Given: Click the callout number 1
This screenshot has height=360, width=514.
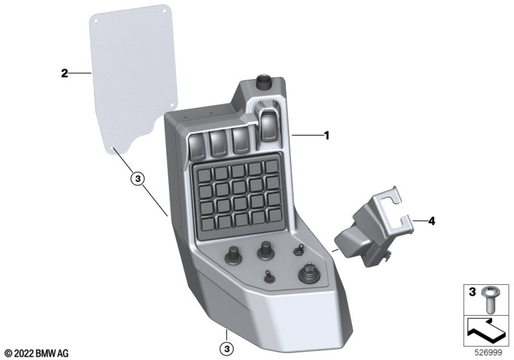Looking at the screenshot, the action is click(326, 136).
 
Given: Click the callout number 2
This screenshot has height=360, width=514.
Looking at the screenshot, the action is click(65, 73).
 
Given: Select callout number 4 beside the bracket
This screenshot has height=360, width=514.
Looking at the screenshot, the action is click(432, 221).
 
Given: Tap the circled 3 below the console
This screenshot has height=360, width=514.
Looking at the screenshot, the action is click(227, 348).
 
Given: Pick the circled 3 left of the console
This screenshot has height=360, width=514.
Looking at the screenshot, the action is click(137, 179).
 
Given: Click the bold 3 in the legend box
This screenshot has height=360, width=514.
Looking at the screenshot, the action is click(472, 292).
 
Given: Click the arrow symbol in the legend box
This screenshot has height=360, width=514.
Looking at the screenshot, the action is click(486, 331).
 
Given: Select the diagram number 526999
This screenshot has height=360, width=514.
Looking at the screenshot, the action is click(488, 353).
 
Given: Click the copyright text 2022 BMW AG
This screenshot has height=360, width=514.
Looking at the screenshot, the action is click(37, 354).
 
